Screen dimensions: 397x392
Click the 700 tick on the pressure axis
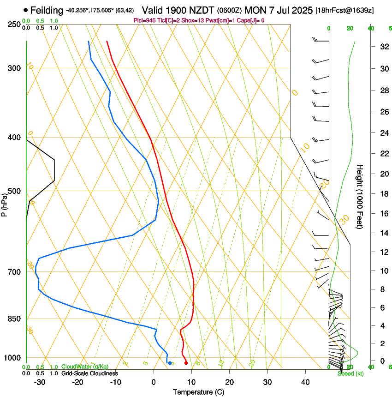[13, 272]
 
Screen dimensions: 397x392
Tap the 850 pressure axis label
[13, 319]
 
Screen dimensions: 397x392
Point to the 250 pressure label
[13, 24]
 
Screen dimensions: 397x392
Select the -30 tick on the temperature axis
[40, 382]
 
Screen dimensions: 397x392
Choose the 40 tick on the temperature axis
[305, 382]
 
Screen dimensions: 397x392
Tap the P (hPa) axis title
[4, 203]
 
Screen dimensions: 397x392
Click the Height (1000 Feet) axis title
[360, 196]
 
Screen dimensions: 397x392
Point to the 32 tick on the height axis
[383, 47]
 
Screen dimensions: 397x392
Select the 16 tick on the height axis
[383, 214]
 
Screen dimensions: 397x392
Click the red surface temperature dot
[186, 363]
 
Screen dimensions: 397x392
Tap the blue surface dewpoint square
[170, 363]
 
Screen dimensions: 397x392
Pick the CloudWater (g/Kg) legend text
[85, 367]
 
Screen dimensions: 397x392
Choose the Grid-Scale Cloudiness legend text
[89, 373]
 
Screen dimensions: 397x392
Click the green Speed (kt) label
[350, 373]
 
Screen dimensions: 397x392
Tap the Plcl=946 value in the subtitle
[144, 20]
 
